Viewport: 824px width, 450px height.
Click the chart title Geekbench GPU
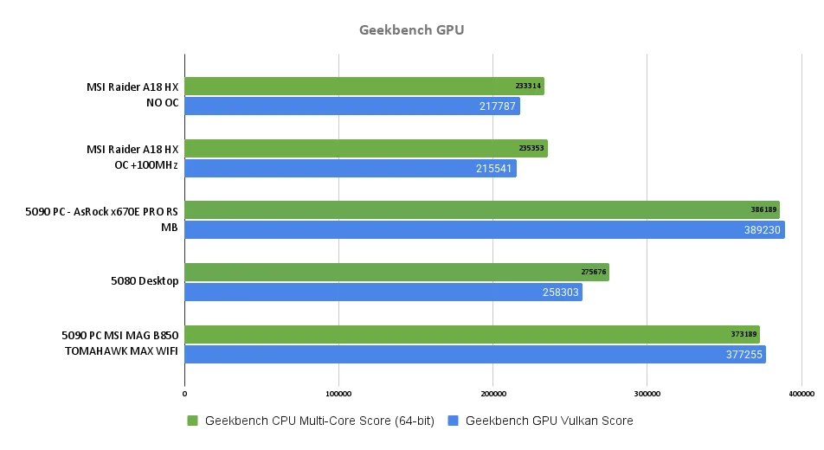[x=411, y=30]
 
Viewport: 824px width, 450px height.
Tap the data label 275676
[x=593, y=273]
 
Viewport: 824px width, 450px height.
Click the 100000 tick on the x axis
[x=338, y=394]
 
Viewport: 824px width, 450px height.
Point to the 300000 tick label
[x=647, y=394]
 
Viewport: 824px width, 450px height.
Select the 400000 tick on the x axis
[x=801, y=394]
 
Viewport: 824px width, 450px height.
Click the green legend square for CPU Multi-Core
[x=192, y=421]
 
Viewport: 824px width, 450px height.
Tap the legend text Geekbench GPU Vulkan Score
[x=549, y=421]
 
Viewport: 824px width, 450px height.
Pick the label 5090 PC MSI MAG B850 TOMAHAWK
[x=120, y=344]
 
